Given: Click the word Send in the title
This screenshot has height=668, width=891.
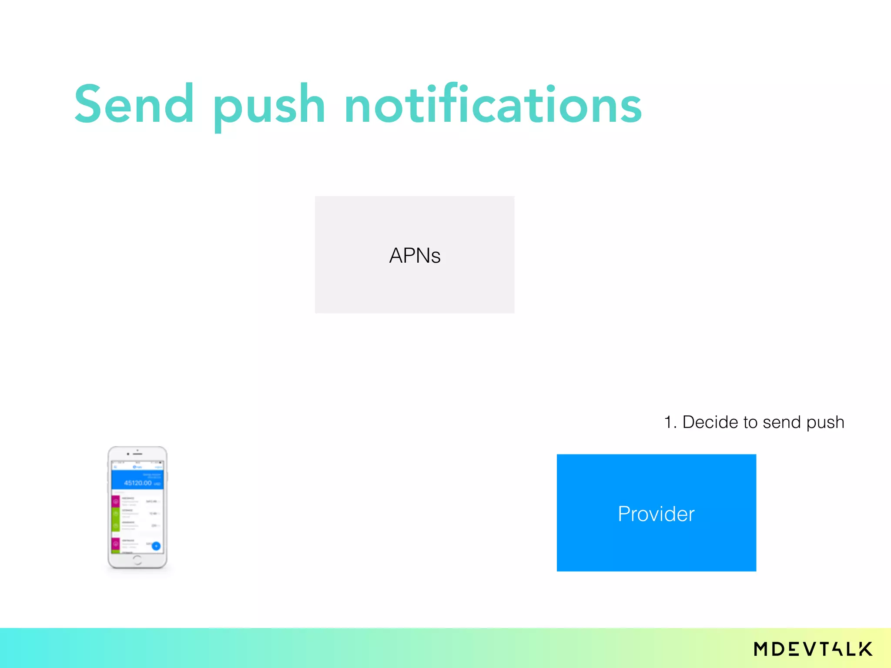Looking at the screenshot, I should (x=134, y=104).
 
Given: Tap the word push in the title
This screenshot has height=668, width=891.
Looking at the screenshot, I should (x=269, y=107).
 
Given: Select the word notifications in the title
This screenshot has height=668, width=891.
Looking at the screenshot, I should (x=492, y=104).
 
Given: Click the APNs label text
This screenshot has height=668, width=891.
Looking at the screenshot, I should (x=415, y=255).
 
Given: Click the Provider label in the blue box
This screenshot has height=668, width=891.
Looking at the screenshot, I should (x=656, y=514).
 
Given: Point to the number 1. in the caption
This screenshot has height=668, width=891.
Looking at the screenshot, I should (x=670, y=422).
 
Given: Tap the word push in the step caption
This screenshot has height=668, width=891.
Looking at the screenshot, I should (x=825, y=423).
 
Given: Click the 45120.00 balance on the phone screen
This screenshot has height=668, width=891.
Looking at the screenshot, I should (x=137, y=483).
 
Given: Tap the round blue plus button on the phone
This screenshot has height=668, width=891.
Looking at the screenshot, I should (x=156, y=546).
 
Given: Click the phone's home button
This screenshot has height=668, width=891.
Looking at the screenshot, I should (x=137, y=560).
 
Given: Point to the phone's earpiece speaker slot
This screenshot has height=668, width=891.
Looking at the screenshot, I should (x=138, y=454).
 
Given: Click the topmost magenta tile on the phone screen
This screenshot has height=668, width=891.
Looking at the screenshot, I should (x=116, y=501).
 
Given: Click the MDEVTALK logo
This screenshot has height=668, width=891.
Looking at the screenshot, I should (x=813, y=649).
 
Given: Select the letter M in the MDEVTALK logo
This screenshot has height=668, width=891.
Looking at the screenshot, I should (x=762, y=649).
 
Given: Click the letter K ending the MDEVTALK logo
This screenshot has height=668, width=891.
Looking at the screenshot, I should (x=865, y=649).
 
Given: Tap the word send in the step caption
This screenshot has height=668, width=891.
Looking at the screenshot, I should (x=781, y=422).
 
